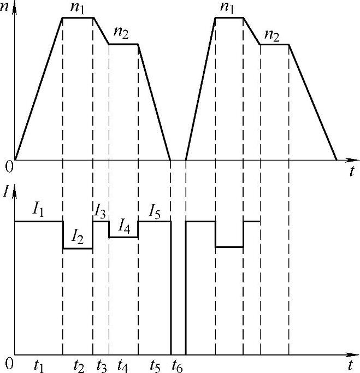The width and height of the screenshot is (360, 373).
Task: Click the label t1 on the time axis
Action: (38, 365)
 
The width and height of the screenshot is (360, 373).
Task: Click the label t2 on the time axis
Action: (79, 365)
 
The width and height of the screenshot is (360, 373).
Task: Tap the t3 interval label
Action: (101, 365)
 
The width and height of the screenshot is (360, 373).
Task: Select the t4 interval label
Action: (123, 365)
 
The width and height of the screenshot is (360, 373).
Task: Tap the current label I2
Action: (79, 236)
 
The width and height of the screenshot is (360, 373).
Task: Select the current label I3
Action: (100, 210)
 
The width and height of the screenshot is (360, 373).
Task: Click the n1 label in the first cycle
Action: (77, 8)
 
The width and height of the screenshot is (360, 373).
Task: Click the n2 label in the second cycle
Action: (272, 35)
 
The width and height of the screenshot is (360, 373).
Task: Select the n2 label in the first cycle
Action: (121, 33)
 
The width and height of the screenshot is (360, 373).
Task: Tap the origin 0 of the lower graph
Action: (8, 362)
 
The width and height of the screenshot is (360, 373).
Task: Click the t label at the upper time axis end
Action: (352, 171)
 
